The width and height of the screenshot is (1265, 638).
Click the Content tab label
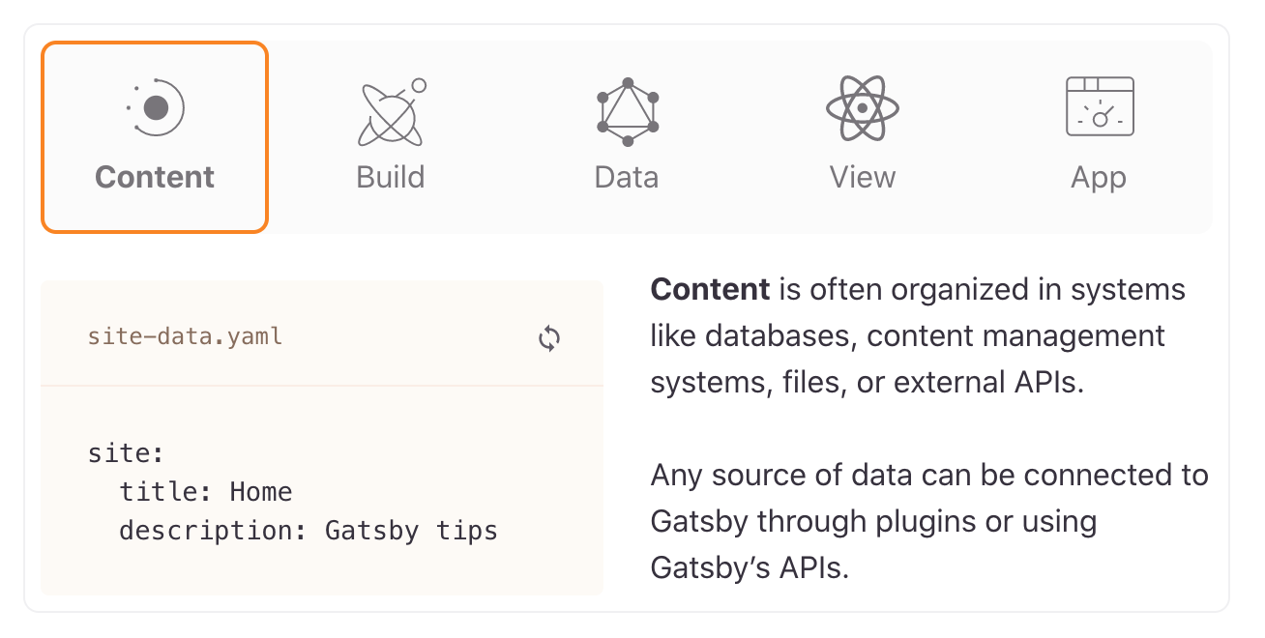click(x=155, y=178)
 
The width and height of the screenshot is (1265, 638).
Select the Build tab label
click(x=391, y=178)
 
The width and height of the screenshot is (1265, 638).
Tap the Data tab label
click(x=627, y=178)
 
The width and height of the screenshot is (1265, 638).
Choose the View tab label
click(x=863, y=178)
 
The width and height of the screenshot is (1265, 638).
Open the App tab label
click(x=1099, y=178)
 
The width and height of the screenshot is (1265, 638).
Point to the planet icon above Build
click(x=391, y=112)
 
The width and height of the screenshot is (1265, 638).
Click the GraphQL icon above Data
click(x=628, y=112)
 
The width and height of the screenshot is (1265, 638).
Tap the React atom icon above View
click(x=863, y=108)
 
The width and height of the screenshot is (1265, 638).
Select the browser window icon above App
click(x=1100, y=106)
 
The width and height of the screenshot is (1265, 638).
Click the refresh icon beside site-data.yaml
click(x=549, y=338)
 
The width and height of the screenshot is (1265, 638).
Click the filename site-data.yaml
click(x=185, y=336)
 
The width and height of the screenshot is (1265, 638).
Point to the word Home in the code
click(x=261, y=492)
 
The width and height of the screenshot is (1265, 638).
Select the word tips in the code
click(x=467, y=531)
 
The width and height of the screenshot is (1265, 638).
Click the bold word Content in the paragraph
click(x=711, y=289)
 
